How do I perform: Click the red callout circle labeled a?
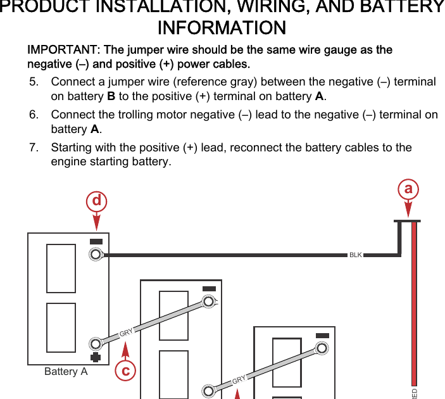[408, 189]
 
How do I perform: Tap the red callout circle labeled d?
[96, 201]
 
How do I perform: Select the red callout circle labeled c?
[126, 370]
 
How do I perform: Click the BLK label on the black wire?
[356, 255]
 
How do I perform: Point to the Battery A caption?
[66, 372]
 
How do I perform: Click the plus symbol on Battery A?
[96, 358]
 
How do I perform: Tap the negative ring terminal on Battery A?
[96, 255]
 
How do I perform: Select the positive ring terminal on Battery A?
[96, 344]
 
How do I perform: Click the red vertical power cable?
[414, 304]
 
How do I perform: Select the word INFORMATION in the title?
[222, 28]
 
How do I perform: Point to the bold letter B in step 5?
[111, 97]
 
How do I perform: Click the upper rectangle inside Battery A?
[61, 269]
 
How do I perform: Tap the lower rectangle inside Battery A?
[61, 327]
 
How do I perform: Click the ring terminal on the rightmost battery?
[322, 348]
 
